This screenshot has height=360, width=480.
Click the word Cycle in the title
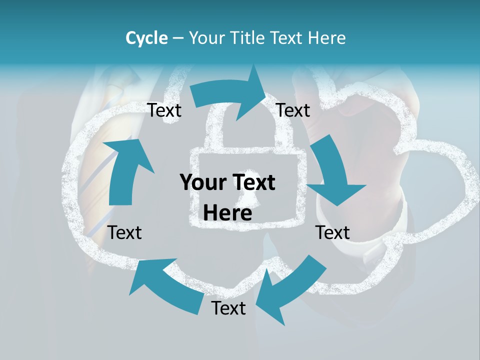146,38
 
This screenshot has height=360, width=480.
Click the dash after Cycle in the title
178,38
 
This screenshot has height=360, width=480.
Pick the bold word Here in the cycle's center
227,213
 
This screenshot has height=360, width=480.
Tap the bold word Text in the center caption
252,182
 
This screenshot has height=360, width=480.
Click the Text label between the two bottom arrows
228,308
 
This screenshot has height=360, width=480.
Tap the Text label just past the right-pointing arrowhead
293,110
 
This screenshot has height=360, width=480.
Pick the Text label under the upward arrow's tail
124,232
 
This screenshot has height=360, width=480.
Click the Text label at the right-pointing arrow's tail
164,110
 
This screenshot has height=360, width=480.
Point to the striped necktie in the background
100,165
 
